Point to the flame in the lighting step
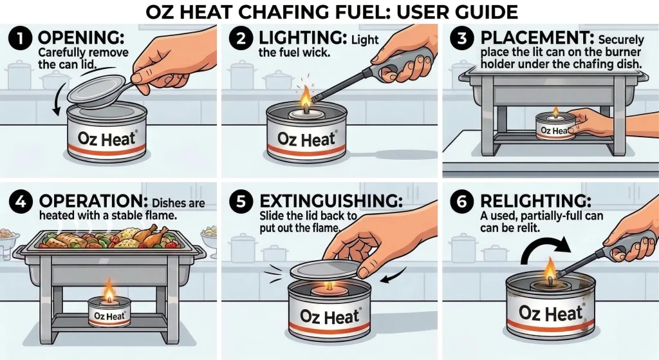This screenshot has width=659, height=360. tap(304, 102)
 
